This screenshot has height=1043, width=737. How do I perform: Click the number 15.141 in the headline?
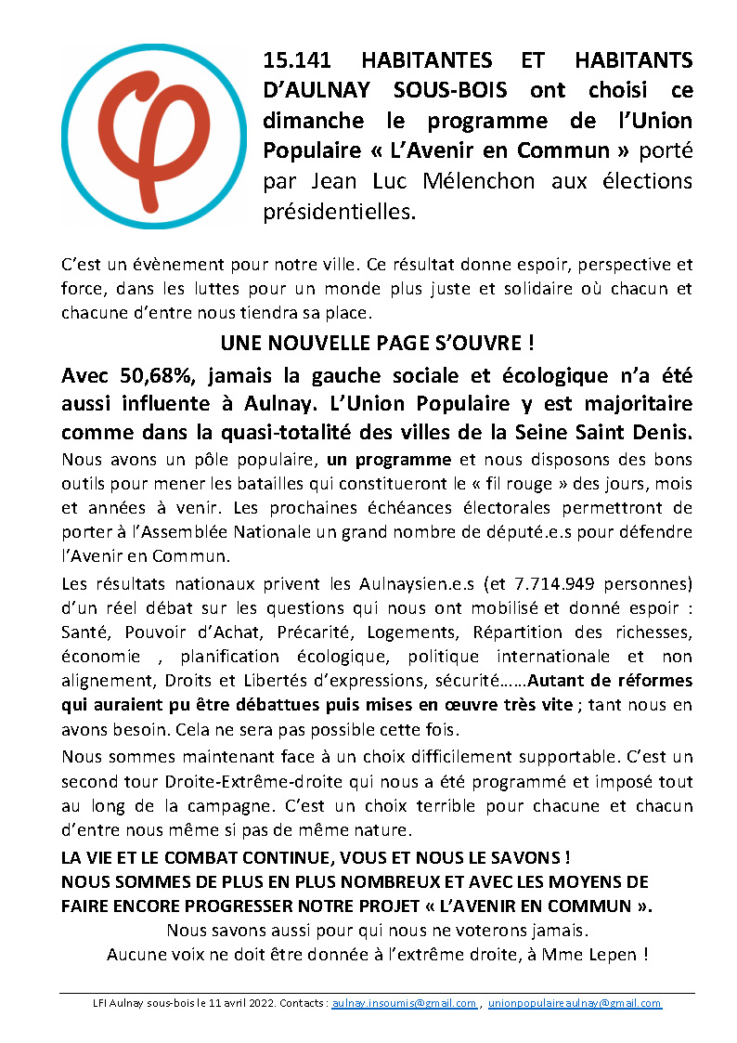300,60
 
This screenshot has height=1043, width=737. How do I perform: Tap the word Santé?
83,632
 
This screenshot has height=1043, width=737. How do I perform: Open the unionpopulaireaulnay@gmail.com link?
575,1004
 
